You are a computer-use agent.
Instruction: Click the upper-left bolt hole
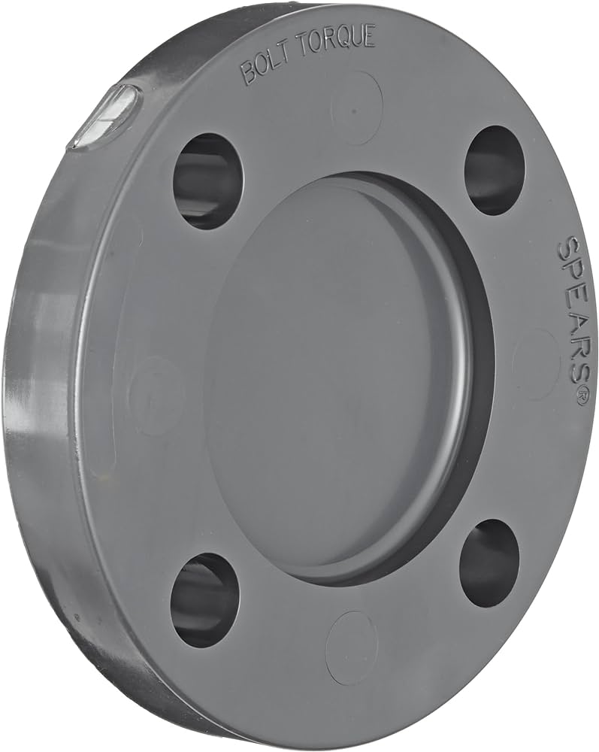(x=208, y=180)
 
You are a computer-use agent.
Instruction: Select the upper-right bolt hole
(x=494, y=170)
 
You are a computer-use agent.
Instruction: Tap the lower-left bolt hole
(x=204, y=599)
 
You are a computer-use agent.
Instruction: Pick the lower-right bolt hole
(x=489, y=563)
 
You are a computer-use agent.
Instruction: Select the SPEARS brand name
(x=573, y=316)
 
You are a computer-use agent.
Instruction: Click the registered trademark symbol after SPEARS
(x=581, y=397)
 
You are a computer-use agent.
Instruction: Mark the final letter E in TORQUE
(x=369, y=36)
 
